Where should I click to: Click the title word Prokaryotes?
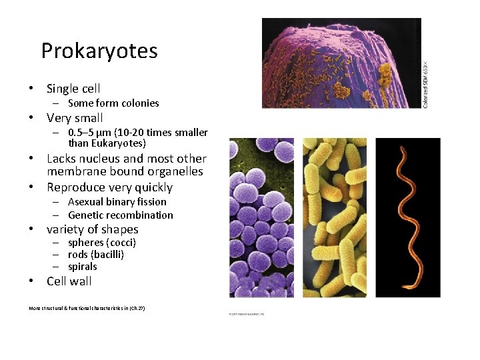(x=99, y=51)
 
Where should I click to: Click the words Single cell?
(x=73, y=89)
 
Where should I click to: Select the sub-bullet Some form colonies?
(x=113, y=103)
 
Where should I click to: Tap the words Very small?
(x=75, y=118)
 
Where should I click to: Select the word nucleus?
(x=99, y=159)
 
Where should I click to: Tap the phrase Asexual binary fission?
(x=117, y=201)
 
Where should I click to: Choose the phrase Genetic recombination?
(x=120, y=215)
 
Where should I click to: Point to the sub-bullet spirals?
(x=83, y=267)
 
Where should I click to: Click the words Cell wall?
(x=69, y=281)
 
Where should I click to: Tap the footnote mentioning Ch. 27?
(x=87, y=308)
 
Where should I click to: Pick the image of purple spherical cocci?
(x=261, y=217)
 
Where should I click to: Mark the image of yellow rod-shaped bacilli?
(x=334, y=217)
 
